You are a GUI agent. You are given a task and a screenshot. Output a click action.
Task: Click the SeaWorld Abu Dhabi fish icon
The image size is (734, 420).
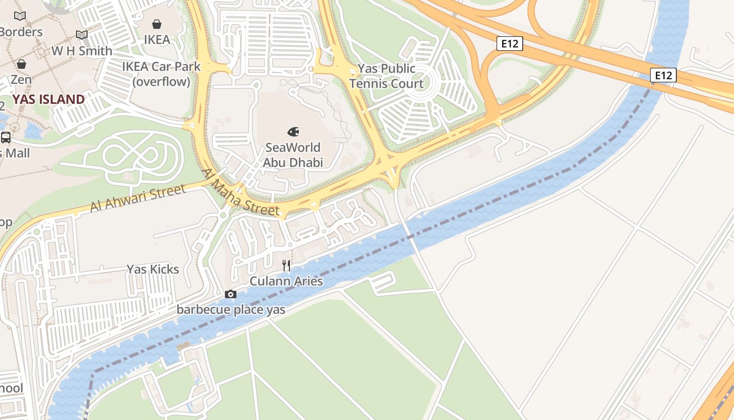[293, 131]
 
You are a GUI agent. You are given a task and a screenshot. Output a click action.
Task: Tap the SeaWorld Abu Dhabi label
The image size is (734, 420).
[293, 155]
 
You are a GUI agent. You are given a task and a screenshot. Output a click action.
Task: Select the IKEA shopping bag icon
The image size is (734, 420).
[157, 24]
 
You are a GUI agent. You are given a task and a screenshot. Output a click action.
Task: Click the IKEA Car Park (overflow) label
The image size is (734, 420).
[161, 74]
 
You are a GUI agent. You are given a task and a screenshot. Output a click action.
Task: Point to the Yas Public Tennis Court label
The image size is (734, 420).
[386, 76]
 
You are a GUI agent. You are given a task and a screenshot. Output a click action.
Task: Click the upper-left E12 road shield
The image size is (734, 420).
[510, 44]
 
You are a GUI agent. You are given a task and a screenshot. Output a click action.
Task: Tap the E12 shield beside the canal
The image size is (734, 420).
[663, 75]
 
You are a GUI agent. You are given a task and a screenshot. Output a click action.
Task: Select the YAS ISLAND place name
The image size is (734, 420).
[48, 99]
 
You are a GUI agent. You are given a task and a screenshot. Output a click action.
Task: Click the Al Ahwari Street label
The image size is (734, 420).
[138, 198]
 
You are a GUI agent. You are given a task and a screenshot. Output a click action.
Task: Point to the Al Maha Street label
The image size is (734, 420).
[241, 192]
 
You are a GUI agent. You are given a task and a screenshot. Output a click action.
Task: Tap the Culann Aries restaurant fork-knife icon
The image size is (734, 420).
[286, 265]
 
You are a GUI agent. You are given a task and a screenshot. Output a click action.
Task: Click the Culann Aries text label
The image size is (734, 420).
[286, 281]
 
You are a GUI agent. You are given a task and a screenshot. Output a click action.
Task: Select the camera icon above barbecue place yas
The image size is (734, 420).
[231, 294]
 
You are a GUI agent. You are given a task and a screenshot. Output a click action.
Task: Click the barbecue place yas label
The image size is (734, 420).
[231, 309]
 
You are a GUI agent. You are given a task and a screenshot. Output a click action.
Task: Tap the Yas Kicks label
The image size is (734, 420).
[153, 269]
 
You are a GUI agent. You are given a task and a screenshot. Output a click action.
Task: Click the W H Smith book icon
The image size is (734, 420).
[82, 35]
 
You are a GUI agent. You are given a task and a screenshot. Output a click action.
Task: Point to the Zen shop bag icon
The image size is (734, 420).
[21, 64]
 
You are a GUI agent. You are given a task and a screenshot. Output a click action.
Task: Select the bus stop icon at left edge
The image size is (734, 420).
[6, 138]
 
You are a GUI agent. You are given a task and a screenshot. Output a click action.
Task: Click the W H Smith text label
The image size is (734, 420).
[82, 51]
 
